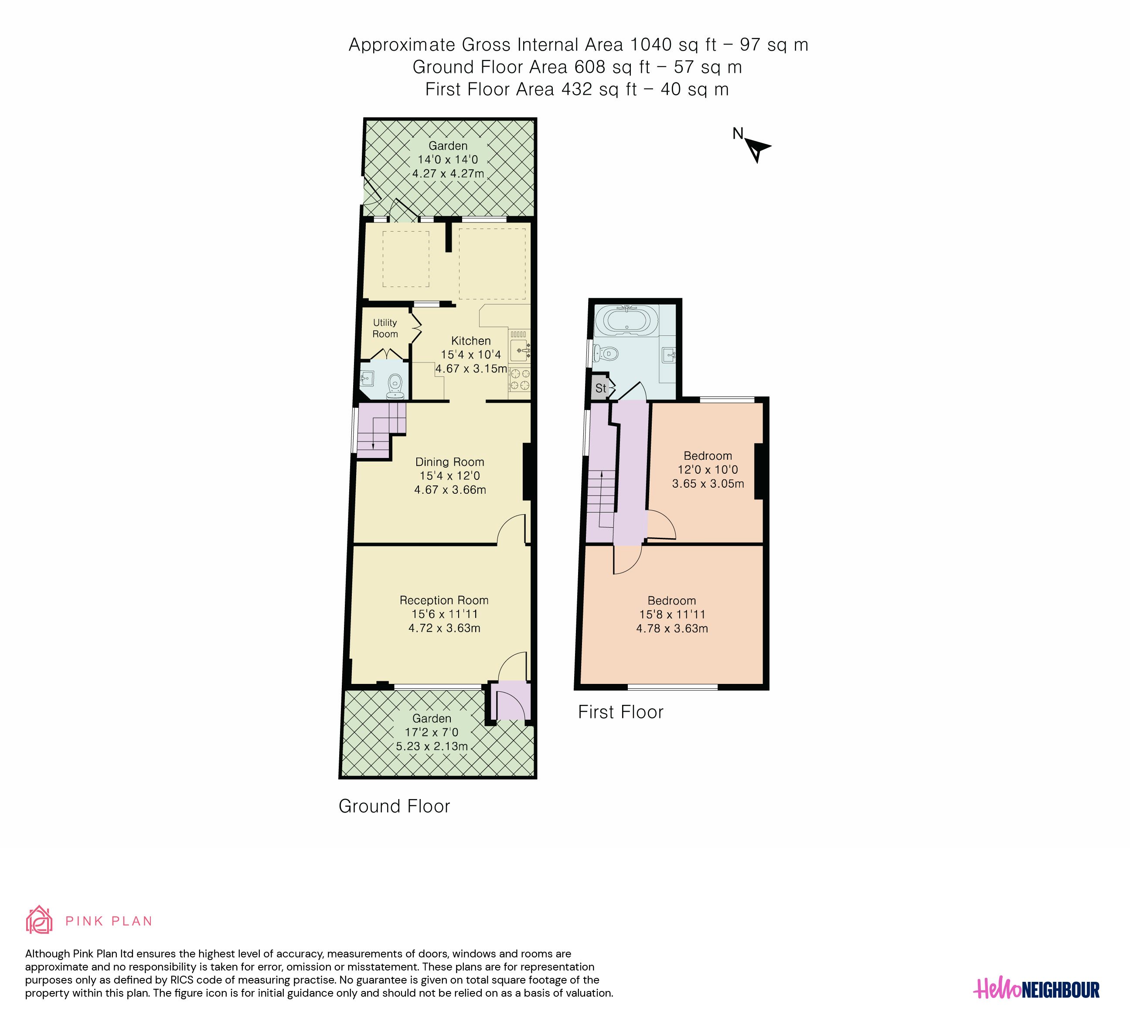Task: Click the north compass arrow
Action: [x=757, y=150]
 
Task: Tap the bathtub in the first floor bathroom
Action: [x=626, y=320]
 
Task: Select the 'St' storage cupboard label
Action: [x=601, y=388]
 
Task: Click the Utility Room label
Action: [x=385, y=328]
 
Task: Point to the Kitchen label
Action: [x=471, y=341]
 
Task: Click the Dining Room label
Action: [x=449, y=462]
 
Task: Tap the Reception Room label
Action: [x=444, y=600]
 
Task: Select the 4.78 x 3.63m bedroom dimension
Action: [x=672, y=629]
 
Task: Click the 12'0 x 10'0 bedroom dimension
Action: [x=708, y=470]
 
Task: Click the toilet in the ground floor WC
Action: [x=395, y=386]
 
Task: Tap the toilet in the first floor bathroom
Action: [x=606, y=353]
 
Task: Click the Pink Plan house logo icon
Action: [x=39, y=919]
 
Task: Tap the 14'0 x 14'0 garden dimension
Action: [x=448, y=160]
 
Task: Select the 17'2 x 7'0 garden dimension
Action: [x=432, y=732]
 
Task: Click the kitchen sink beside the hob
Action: [x=520, y=350]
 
